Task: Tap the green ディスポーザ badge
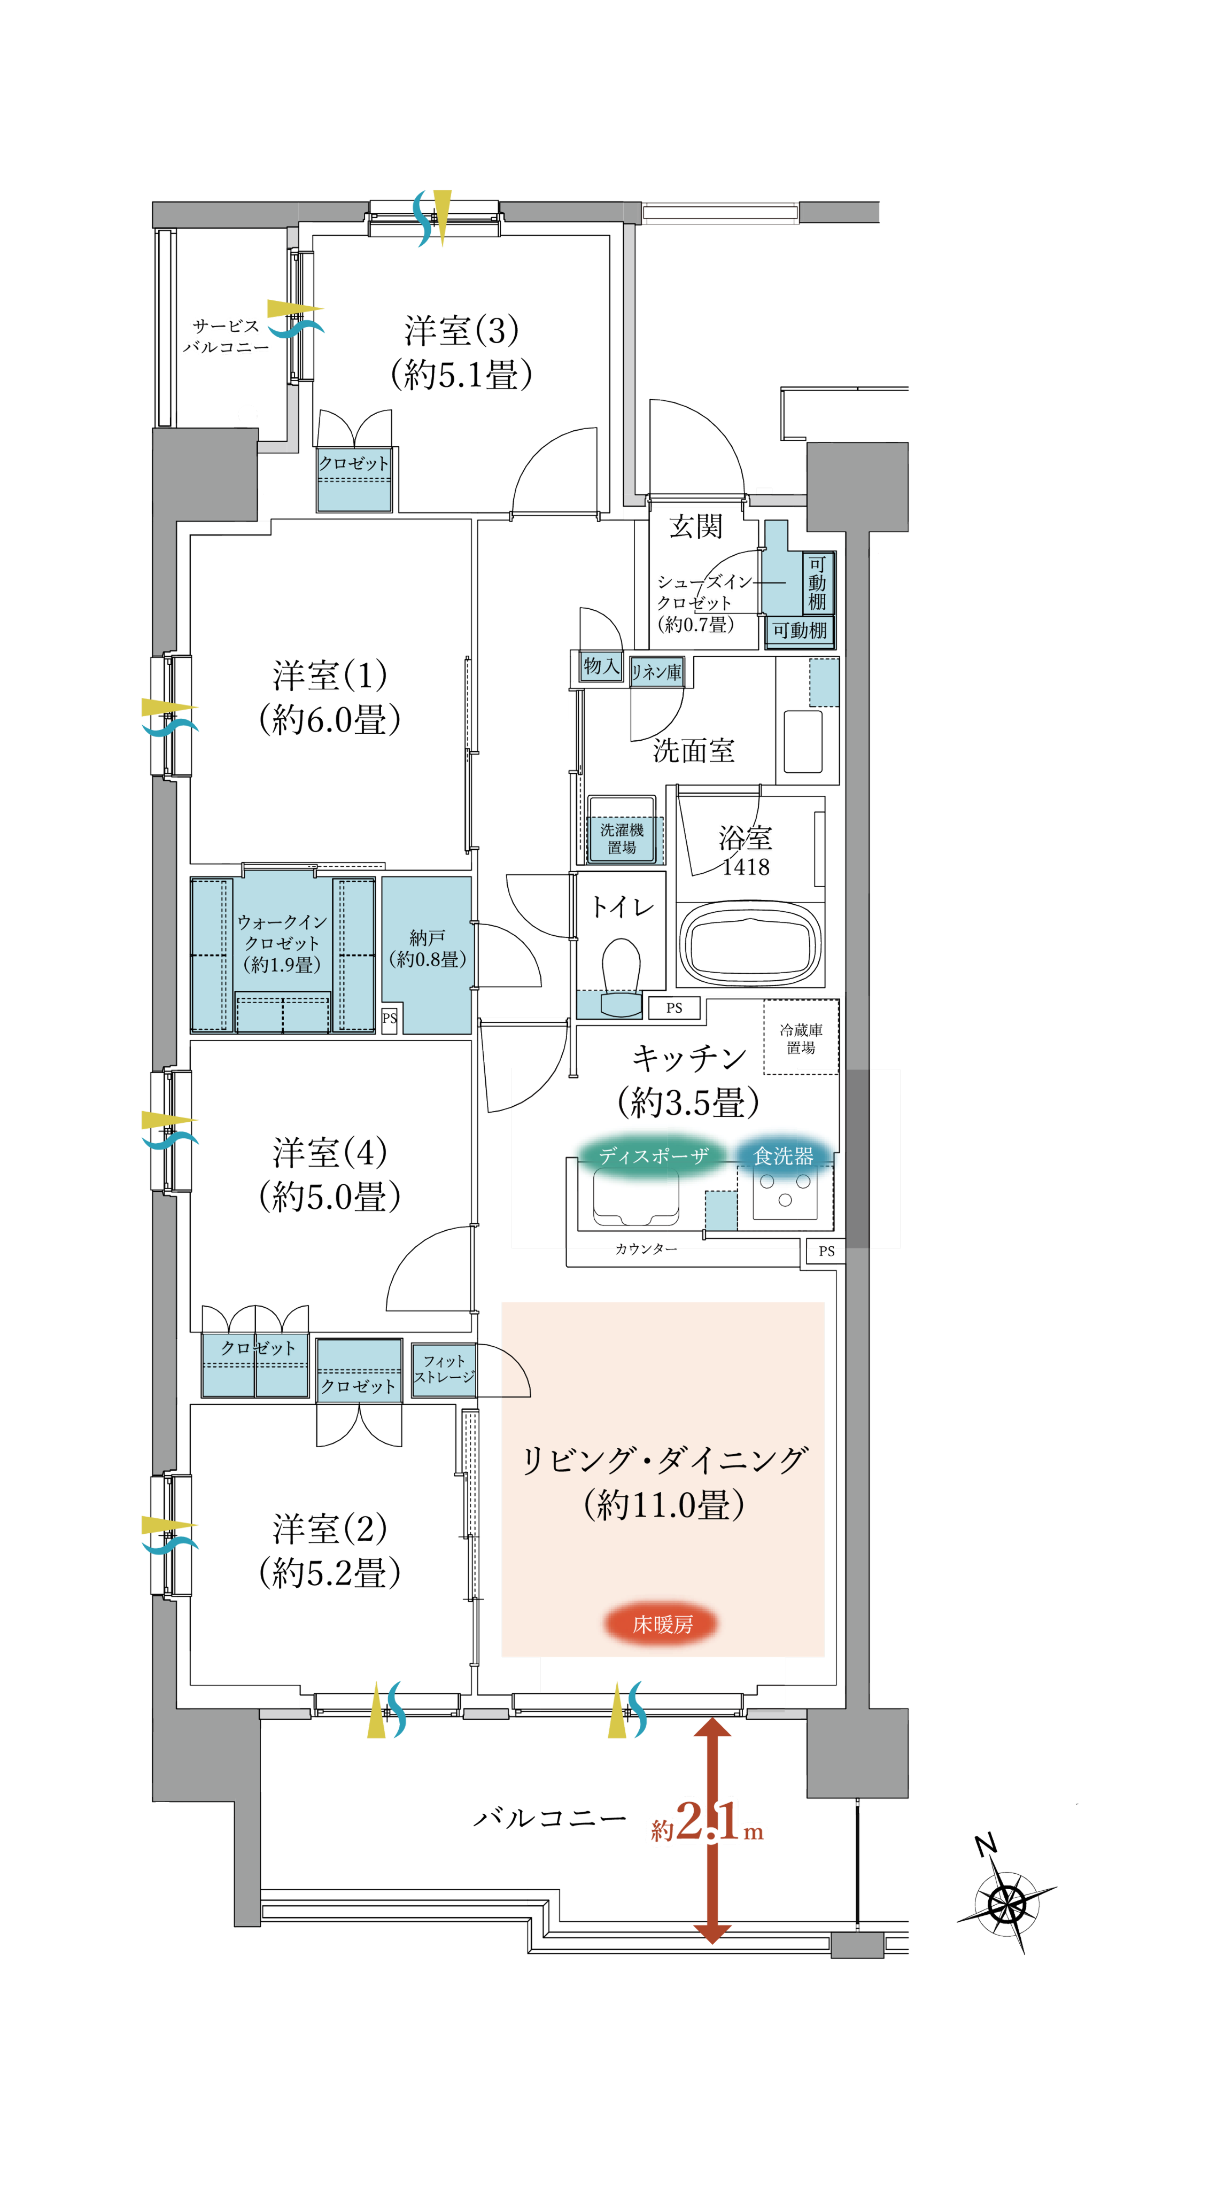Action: [x=653, y=1155]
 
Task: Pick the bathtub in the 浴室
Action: [x=749, y=943]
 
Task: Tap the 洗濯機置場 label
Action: [x=621, y=838]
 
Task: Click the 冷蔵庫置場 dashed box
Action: [x=801, y=1037]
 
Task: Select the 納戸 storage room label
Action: [x=427, y=949]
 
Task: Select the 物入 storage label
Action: [x=601, y=665]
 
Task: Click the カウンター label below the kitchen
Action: [x=646, y=1248]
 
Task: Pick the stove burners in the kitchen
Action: [x=785, y=1190]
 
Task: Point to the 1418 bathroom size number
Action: [x=746, y=867]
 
